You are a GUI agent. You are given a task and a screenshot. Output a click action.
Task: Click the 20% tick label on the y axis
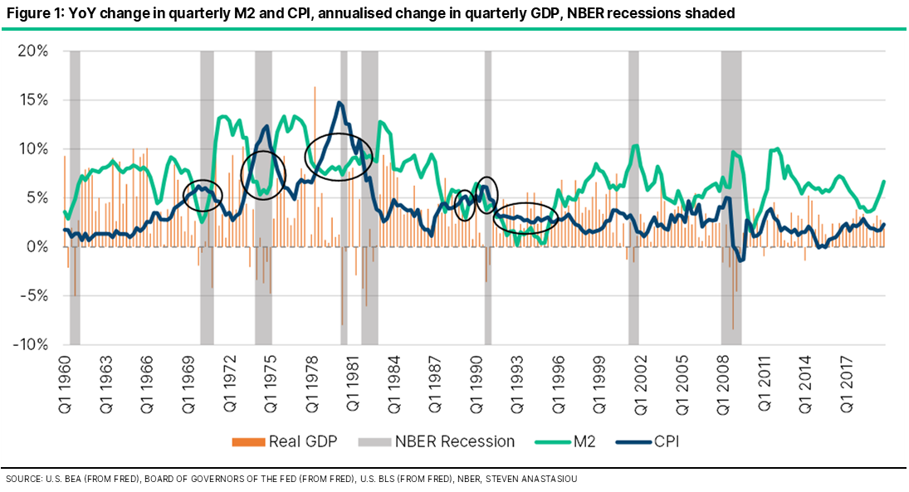tap(33, 51)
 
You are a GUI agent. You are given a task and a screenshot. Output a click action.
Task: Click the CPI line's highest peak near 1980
tap(340, 103)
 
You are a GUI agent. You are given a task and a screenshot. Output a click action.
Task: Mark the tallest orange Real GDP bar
tap(315, 87)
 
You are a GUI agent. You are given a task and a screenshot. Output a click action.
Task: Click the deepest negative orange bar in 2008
tap(732, 329)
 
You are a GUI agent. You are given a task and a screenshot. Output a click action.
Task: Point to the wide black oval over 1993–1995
tap(526, 217)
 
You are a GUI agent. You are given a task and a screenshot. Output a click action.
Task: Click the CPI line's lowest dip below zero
tap(741, 261)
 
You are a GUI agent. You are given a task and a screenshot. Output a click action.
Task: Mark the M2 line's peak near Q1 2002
tap(636, 146)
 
